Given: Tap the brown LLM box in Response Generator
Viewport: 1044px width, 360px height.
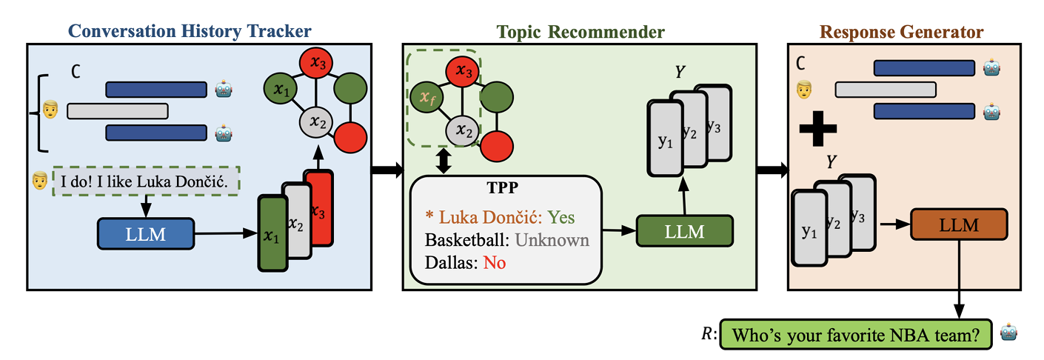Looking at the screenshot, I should pyautogui.click(x=959, y=224).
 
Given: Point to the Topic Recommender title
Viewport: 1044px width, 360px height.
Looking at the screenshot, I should pyautogui.click(x=580, y=32).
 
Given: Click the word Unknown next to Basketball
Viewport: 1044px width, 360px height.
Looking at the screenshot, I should pyautogui.click(x=552, y=240).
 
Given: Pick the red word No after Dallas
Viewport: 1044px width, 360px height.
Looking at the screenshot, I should pyautogui.click(x=495, y=262).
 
